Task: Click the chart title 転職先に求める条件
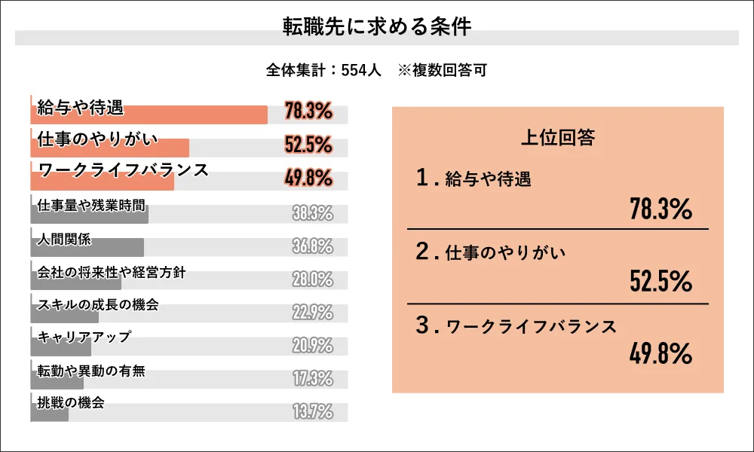pos(376,26)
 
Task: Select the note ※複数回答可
pos(442,70)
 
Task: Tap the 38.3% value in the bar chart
pos(312,214)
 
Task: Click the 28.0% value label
pos(312,279)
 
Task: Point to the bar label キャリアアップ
pos(84,337)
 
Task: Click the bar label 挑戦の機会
pos(71,402)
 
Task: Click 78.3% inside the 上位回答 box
pos(661,210)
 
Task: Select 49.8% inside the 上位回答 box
pos(661,353)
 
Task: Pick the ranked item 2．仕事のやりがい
pos(490,252)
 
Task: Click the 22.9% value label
pos(312,313)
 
